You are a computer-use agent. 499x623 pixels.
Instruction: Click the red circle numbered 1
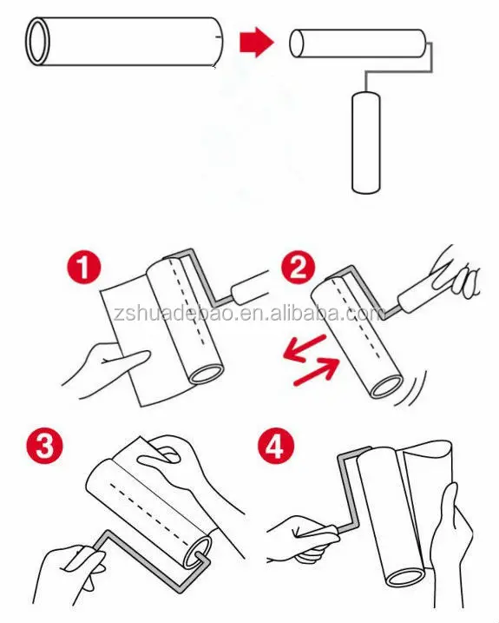(x=84, y=267)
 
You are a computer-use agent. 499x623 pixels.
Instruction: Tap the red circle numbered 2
(x=299, y=267)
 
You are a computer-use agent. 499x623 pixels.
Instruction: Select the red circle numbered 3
(x=44, y=446)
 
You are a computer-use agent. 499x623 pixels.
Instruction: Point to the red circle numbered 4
(x=276, y=447)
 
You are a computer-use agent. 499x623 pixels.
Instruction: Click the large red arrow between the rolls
(x=257, y=43)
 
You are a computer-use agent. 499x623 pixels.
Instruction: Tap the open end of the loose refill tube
(x=37, y=42)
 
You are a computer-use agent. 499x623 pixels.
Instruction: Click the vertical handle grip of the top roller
(x=366, y=143)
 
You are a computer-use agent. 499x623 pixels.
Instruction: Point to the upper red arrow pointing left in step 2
(x=305, y=348)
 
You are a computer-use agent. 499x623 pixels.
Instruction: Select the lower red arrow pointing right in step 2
(x=317, y=371)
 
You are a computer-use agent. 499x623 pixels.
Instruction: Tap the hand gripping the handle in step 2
(x=456, y=272)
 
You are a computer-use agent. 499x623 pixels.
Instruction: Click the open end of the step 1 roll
(x=206, y=374)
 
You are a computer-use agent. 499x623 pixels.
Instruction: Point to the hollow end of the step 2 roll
(x=386, y=387)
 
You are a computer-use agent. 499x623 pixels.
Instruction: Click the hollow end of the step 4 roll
(x=406, y=576)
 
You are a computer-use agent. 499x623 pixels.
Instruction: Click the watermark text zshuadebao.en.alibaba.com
(x=249, y=314)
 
